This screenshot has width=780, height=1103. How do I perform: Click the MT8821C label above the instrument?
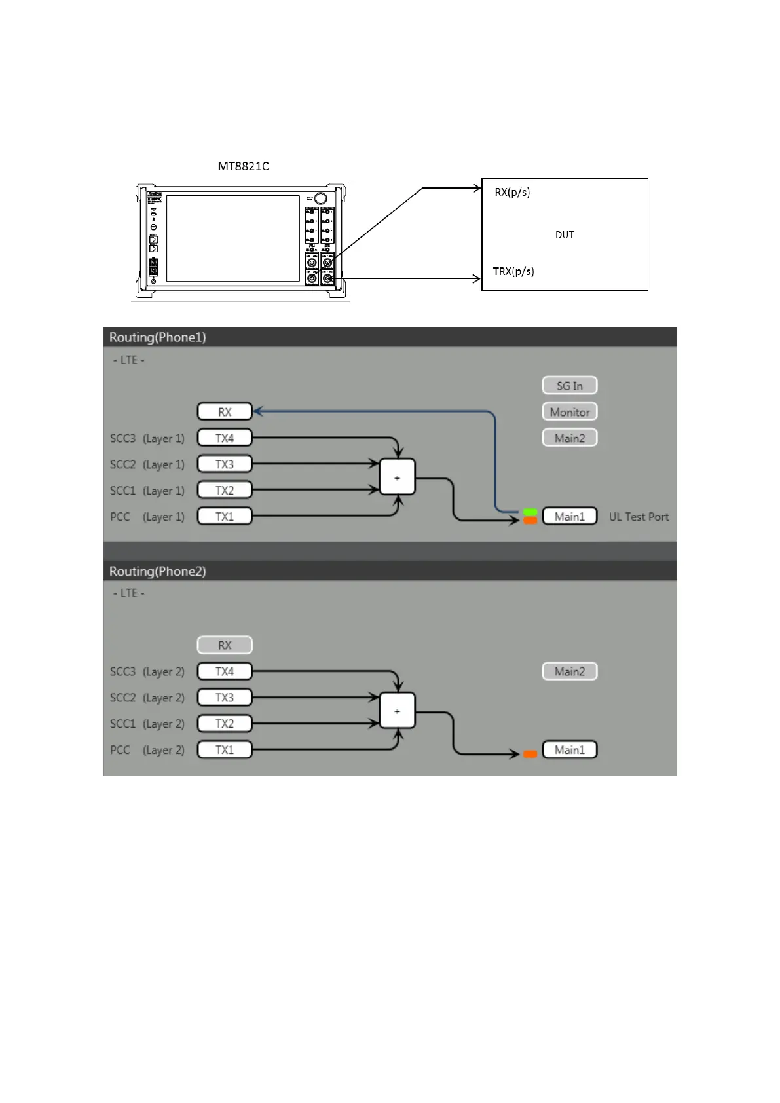(x=243, y=166)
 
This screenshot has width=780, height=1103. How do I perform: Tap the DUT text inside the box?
(x=565, y=234)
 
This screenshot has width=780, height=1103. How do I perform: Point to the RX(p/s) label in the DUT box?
(x=512, y=192)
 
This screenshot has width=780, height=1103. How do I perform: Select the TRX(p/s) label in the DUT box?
(x=513, y=271)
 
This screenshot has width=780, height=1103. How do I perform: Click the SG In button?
(x=569, y=386)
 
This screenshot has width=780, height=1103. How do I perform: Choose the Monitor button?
(x=569, y=412)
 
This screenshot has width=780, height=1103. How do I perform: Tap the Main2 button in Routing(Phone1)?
(x=569, y=438)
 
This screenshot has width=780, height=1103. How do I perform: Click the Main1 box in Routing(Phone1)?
(x=569, y=517)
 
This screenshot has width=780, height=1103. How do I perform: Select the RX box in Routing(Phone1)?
(x=225, y=412)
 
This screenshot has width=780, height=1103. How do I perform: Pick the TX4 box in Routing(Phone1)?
(x=225, y=438)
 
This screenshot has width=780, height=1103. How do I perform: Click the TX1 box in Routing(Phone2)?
(x=225, y=750)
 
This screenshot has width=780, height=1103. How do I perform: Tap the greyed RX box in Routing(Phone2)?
(x=225, y=645)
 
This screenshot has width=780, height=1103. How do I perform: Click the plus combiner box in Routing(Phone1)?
(x=398, y=478)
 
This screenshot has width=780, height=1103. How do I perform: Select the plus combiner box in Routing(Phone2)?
(x=398, y=711)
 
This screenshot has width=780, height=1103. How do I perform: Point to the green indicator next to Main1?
(x=530, y=512)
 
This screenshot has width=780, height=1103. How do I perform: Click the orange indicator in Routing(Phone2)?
(x=530, y=754)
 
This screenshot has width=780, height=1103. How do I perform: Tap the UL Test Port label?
(x=639, y=517)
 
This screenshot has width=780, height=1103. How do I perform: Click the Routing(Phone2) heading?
(x=157, y=571)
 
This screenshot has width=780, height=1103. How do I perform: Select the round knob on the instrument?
(x=320, y=198)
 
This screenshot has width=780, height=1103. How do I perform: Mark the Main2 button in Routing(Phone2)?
(x=569, y=671)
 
